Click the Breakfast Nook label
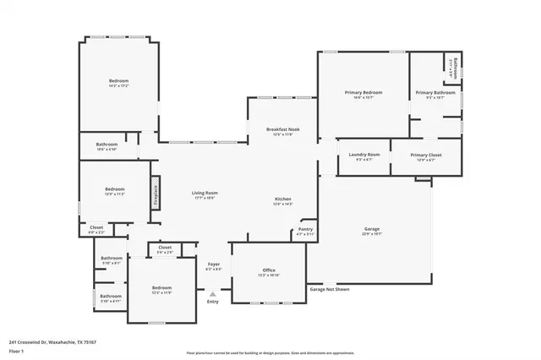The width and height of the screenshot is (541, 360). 283,129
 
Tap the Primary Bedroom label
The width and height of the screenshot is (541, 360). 363,92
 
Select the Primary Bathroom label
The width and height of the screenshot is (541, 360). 435,92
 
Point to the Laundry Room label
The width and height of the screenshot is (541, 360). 363,155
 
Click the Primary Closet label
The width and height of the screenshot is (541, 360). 426,155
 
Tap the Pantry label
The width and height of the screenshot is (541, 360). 306,230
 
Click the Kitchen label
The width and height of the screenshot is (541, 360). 282,200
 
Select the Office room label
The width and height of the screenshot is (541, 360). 268,270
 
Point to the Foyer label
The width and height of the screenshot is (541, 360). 214,265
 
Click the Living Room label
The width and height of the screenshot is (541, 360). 205,194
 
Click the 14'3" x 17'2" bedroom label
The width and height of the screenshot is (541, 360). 118,81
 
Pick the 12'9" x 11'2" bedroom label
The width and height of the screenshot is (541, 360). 114,189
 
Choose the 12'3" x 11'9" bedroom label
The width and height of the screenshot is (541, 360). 161,288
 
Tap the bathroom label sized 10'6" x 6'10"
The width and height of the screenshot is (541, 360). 107,145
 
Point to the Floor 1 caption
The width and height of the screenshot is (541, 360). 16,350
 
